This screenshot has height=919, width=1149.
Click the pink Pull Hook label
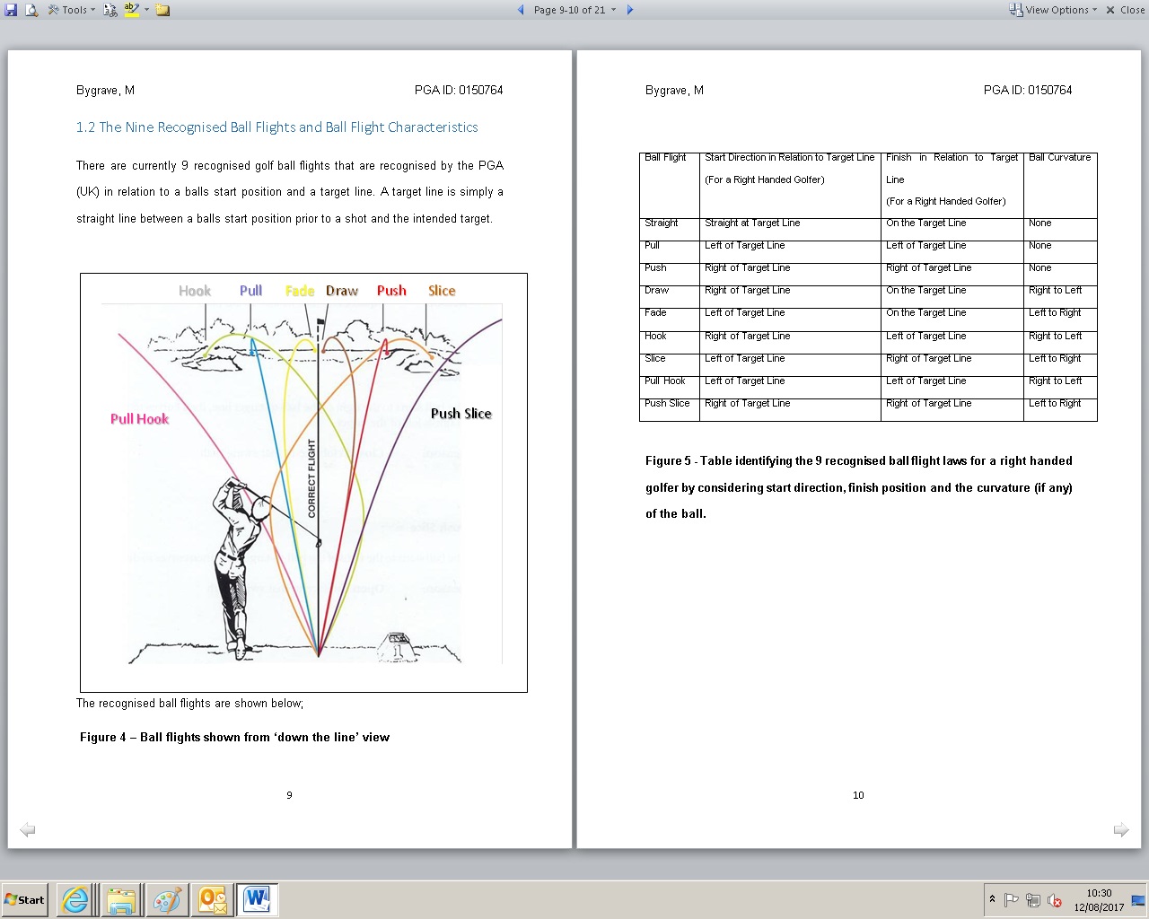point(139,419)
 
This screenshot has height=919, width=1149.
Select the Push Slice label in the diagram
point(460,414)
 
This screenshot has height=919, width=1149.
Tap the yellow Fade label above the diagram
point(300,291)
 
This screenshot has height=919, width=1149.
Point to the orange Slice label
point(442,291)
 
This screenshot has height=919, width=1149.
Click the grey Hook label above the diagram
point(195,291)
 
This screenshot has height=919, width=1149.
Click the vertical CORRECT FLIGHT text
point(312,478)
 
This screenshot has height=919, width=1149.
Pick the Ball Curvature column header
point(1059,158)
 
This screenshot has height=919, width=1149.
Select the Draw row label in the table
point(656,291)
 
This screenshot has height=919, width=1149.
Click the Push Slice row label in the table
point(667,404)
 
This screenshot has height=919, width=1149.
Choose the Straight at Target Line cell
point(752,223)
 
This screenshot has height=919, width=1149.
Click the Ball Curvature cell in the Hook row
point(1055,337)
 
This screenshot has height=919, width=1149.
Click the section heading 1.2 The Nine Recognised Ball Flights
point(276,127)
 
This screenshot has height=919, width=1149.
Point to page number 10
point(858,795)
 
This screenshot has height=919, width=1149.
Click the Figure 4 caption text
point(234,738)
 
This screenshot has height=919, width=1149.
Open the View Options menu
point(1054,10)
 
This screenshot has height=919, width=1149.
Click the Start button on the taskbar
point(25,900)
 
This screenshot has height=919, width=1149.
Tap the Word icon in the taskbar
point(257,899)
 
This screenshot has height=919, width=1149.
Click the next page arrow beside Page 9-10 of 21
point(630,10)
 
